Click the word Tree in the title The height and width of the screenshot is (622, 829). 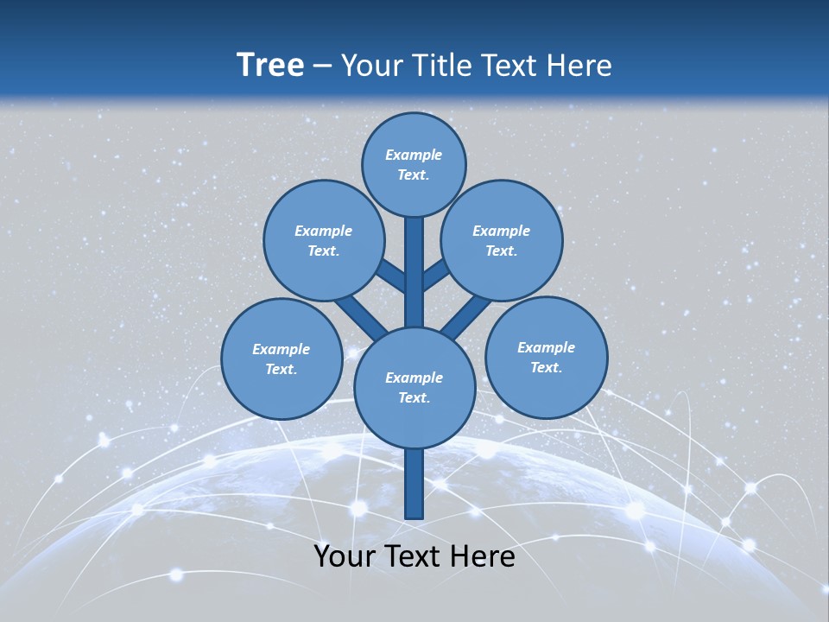click(x=270, y=65)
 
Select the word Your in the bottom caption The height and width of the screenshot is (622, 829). click(x=345, y=556)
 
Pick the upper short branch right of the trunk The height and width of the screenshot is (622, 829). click(x=435, y=275)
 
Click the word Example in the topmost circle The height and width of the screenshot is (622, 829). click(x=414, y=155)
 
